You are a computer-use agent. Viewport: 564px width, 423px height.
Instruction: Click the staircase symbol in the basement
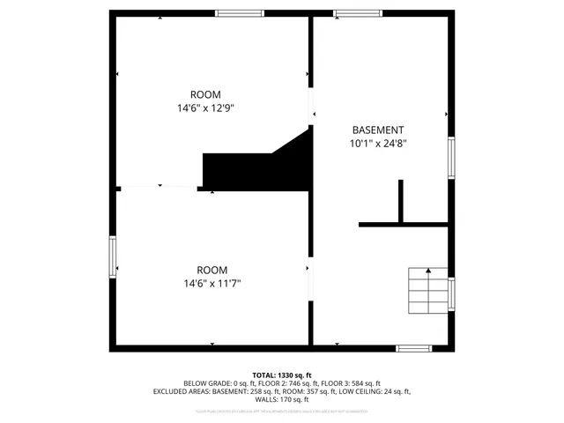click(x=427, y=290)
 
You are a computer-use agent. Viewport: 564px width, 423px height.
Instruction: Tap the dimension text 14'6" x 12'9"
click(x=205, y=108)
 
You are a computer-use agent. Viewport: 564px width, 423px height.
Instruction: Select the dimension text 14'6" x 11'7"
click(x=211, y=284)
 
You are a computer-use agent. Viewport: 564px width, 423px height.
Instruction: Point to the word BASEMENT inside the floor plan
click(x=378, y=129)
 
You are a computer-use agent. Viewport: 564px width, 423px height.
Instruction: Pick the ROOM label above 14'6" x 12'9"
click(x=205, y=94)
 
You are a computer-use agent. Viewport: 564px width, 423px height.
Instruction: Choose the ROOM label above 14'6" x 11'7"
click(x=211, y=270)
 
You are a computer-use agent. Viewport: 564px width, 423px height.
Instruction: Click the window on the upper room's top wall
click(x=240, y=13)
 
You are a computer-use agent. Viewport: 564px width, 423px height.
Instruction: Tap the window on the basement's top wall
click(x=357, y=13)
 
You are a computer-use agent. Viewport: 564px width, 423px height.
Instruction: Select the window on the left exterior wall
click(x=112, y=257)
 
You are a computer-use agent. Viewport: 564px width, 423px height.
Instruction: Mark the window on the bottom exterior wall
click(x=414, y=348)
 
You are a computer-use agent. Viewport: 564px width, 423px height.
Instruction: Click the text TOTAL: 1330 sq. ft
click(x=282, y=375)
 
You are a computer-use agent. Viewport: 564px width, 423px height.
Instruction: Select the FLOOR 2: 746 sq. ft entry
click(x=289, y=383)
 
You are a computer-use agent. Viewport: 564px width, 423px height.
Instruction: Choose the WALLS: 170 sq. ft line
click(x=282, y=399)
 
